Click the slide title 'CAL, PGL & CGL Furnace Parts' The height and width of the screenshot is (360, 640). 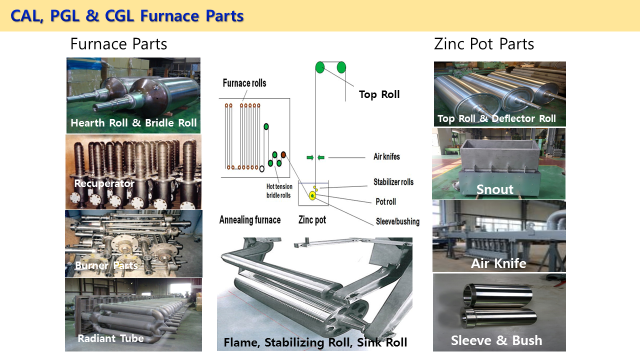(x=127, y=16)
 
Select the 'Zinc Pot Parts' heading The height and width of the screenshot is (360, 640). (x=483, y=44)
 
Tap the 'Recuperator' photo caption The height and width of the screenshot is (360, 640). (x=104, y=183)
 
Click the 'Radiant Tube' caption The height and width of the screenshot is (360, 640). (x=110, y=338)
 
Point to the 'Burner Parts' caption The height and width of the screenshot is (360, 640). (x=106, y=265)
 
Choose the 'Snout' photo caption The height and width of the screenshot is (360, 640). (x=494, y=189)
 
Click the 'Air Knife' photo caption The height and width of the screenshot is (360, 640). (x=498, y=263)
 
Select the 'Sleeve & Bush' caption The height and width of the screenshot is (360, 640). (x=496, y=340)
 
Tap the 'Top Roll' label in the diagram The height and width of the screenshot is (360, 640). (x=379, y=94)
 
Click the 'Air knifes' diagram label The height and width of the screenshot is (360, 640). (x=386, y=156)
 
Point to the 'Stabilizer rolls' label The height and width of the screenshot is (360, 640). (x=393, y=182)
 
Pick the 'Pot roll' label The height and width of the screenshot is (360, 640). (x=385, y=201)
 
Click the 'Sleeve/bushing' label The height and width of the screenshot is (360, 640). (x=397, y=221)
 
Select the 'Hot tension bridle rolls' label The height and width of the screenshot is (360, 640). (x=278, y=191)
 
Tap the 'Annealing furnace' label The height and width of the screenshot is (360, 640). (x=249, y=219)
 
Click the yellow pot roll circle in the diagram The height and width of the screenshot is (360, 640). (x=312, y=195)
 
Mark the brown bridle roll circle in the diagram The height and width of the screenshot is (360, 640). (x=283, y=155)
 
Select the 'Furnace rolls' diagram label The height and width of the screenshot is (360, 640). (x=244, y=83)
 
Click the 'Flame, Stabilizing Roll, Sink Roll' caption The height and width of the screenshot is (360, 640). (x=315, y=342)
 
